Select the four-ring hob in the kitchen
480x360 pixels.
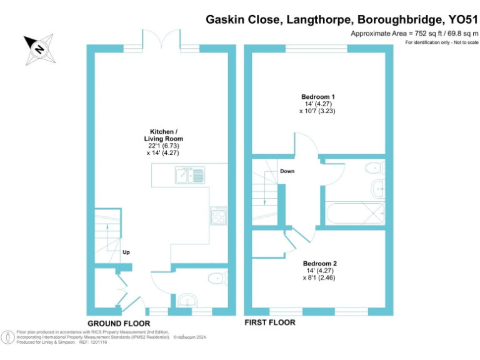219,216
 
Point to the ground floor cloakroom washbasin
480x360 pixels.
186,301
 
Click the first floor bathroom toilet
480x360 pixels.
375,167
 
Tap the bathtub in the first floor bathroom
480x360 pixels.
353,214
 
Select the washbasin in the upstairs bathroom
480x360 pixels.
377,188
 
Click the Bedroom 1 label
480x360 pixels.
318,97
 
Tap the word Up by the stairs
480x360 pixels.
126,252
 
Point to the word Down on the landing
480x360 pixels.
287,171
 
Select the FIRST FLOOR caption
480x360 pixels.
269,322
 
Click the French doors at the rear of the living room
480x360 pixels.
162,39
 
